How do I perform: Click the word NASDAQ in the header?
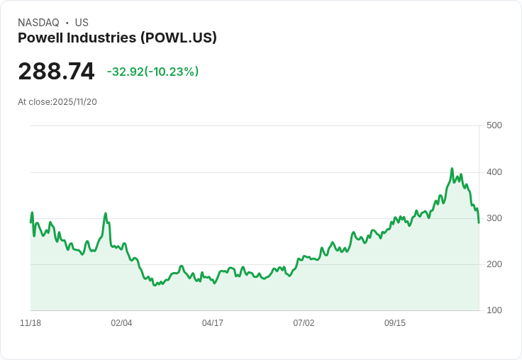tap(38, 23)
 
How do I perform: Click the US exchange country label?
tap(82, 23)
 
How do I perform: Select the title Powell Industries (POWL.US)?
tap(117, 38)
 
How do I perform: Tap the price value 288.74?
tap(56, 72)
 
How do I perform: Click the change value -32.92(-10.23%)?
tap(152, 72)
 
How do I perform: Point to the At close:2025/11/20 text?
tap(57, 101)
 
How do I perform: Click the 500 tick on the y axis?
tap(494, 125)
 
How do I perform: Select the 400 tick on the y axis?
tap(494, 171)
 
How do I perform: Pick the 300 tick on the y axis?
tap(494, 218)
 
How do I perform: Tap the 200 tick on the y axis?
tap(494, 264)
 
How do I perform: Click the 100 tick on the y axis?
tap(494, 310)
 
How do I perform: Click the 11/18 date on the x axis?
tap(30, 322)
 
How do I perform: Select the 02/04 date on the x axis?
tap(121, 322)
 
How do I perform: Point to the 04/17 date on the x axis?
tap(213, 322)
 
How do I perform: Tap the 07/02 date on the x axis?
tap(304, 322)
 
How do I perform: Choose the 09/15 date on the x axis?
tap(395, 322)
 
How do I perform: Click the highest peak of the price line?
tap(452, 169)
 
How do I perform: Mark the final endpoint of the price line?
tap(479, 223)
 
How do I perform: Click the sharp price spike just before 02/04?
tap(106, 213)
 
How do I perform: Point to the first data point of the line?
tap(30, 222)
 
